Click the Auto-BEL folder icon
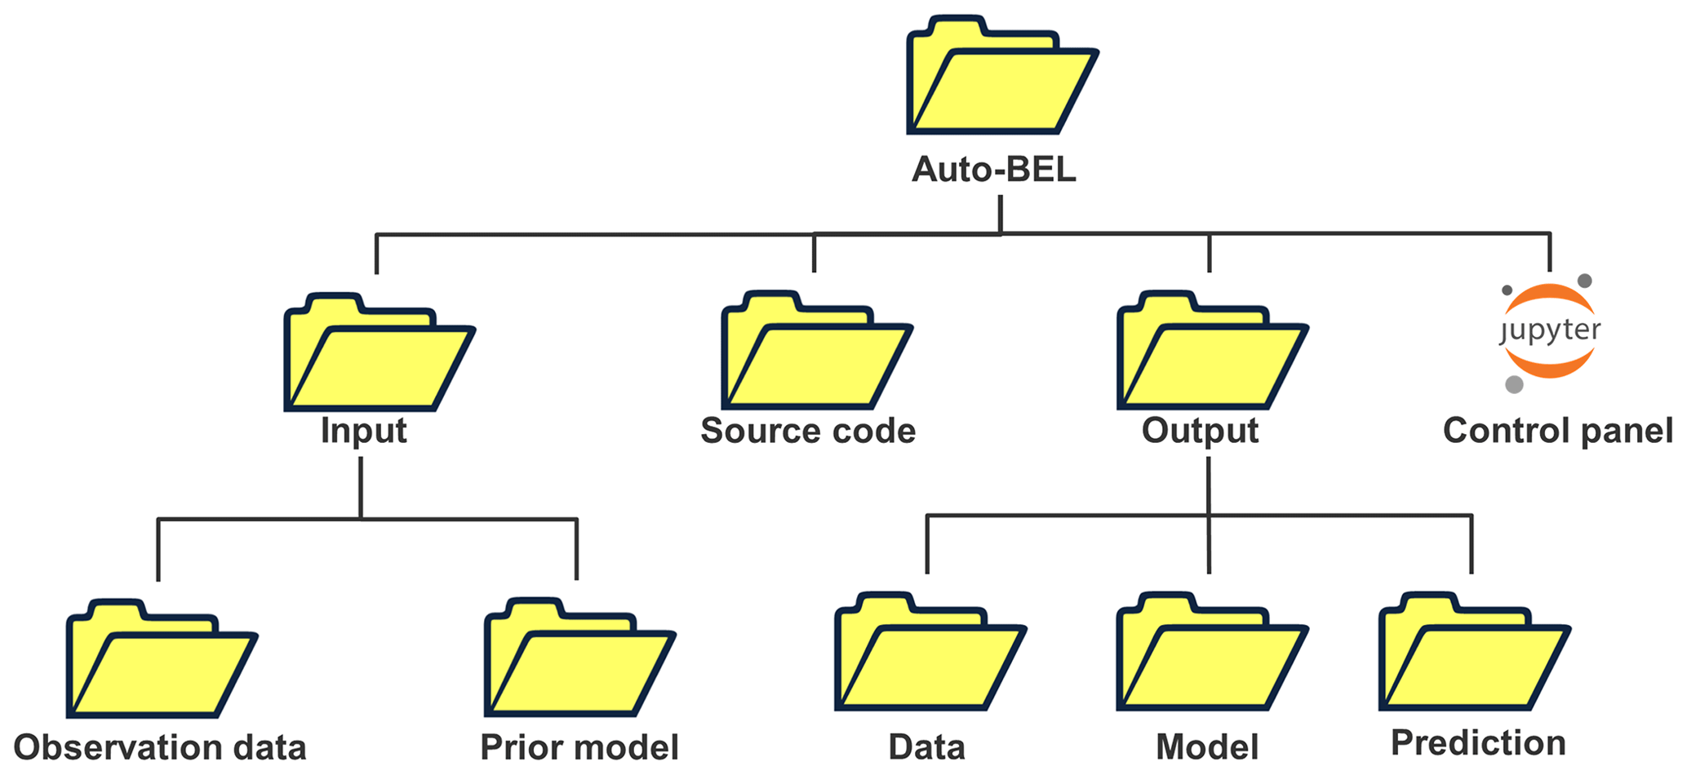coord(1001,77)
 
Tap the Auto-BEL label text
coord(993,170)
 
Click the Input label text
coord(363,431)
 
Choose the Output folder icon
coord(1212,353)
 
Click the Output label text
coord(1200,431)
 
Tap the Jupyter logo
coord(1549,331)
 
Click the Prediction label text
coord(1478,743)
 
